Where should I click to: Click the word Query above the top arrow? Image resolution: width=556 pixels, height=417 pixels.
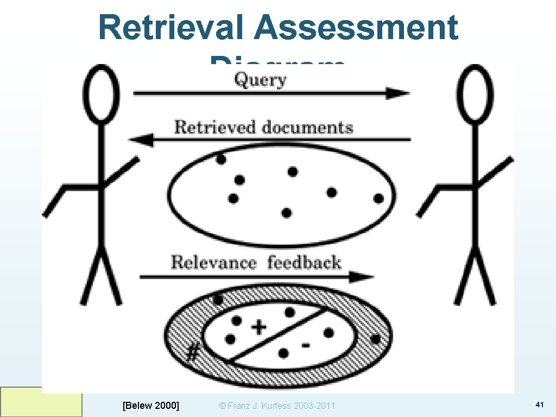point(260,80)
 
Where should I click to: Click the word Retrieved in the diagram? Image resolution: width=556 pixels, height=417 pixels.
point(214,128)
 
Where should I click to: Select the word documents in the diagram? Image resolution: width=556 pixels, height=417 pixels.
point(307,128)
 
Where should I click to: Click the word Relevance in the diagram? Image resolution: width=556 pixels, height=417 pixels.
point(213,263)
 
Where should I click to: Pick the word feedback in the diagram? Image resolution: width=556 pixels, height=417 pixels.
point(304,263)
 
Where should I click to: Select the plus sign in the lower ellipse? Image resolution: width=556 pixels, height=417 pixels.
point(258,327)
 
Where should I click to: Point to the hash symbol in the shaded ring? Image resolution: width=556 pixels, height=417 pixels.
point(192,353)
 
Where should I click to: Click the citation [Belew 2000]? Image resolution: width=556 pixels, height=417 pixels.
point(151,405)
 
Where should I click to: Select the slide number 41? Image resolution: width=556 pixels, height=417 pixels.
point(539,405)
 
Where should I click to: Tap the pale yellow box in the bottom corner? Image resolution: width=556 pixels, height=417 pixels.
point(41,402)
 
